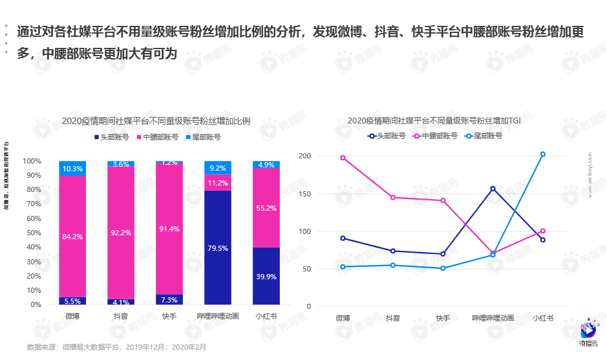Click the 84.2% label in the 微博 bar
pyautogui.click(x=72, y=237)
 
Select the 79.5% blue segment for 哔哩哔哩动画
pyautogui.click(x=218, y=248)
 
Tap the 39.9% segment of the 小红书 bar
pyautogui.click(x=266, y=276)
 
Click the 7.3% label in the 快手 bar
pyautogui.click(x=169, y=300)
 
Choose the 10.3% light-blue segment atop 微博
pyautogui.click(x=72, y=169)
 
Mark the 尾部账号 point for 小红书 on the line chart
pyautogui.click(x=543, y=154)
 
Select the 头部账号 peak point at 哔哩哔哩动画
pyautogui.click(x=493, y=189)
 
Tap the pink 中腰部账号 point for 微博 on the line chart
pyautogui.click(x=343, y=158)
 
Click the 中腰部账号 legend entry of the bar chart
pyautogui.click(x=157, y=137)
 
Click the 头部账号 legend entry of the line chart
pyautogui.click(x=387, y=136)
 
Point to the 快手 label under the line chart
pyautogui.click(x=443, y=318)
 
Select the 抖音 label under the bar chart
pyautogui.click(x=121, y=317)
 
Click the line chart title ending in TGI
pyautogui.click(x=434, y=120)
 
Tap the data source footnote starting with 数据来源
pyautogui.click(x=116, y=347)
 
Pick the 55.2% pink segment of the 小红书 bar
pyautogui.click(x=266, y=208)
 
